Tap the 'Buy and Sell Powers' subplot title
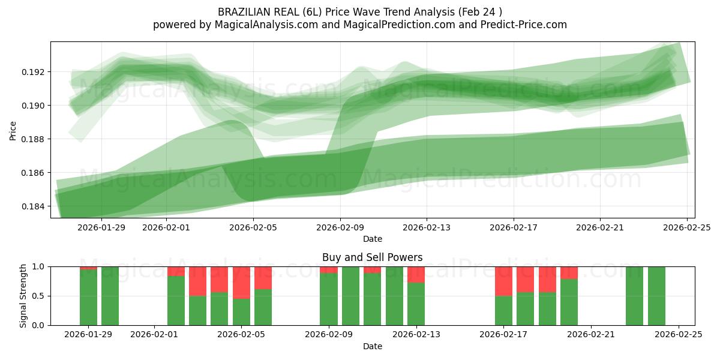coord(372,257)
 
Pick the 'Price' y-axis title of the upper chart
coord(13,130)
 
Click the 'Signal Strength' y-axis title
coord(23,296)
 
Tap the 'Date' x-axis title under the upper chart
coord(372,239)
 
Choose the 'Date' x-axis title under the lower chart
coord(372,346)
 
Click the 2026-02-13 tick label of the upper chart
coord(427,227)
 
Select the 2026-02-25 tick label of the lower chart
coord(678,335)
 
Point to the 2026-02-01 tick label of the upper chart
coord(166,227)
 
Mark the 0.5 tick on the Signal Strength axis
coord(38,296)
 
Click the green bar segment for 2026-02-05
coord(241,312)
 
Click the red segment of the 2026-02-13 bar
coord(416,274)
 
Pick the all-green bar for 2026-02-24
coord(656,296)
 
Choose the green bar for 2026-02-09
coord(329,299)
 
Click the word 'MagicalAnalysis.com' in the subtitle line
coord(261,25)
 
